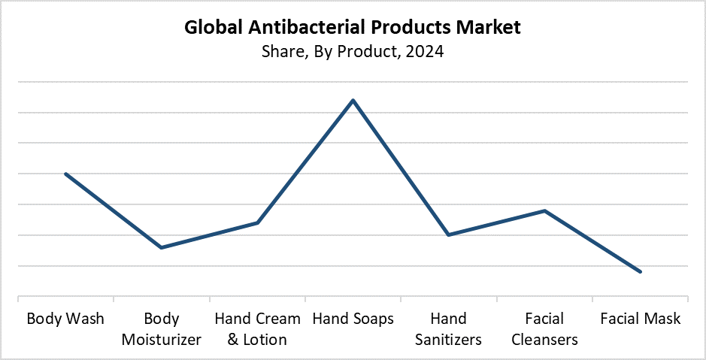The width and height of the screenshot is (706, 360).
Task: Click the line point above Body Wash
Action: click(x=66, y=174)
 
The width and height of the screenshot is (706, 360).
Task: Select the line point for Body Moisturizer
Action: click(x=162, y=247)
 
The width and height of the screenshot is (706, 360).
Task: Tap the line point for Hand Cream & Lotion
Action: click(x=258, y=222)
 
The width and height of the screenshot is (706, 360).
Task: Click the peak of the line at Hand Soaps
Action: click(x=353, y=100)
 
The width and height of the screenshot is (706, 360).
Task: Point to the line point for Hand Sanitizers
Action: click(x=448, y=235)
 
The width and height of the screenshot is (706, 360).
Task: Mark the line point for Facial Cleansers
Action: click(x=544, y=210)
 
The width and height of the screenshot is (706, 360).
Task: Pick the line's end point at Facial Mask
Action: click(x=640, y=271)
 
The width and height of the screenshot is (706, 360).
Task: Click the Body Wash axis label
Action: click(x=65, y=319)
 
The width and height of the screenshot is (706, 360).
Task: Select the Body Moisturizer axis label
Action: click(x=162, y=329)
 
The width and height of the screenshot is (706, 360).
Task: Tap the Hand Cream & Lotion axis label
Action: click(x=257, y=329)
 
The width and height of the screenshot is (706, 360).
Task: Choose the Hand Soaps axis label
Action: click(x=353, y=319)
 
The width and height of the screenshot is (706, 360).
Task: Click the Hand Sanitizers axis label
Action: click(x=448, y=329)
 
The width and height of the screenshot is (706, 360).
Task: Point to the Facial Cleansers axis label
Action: click(x=544, y=329)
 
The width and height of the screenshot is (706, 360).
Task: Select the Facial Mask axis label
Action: click(x=640, y=319)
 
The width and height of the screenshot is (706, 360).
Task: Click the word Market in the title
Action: click(x=487, y=28)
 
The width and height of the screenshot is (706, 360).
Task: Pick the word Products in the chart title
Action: click(x=407, y=28)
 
